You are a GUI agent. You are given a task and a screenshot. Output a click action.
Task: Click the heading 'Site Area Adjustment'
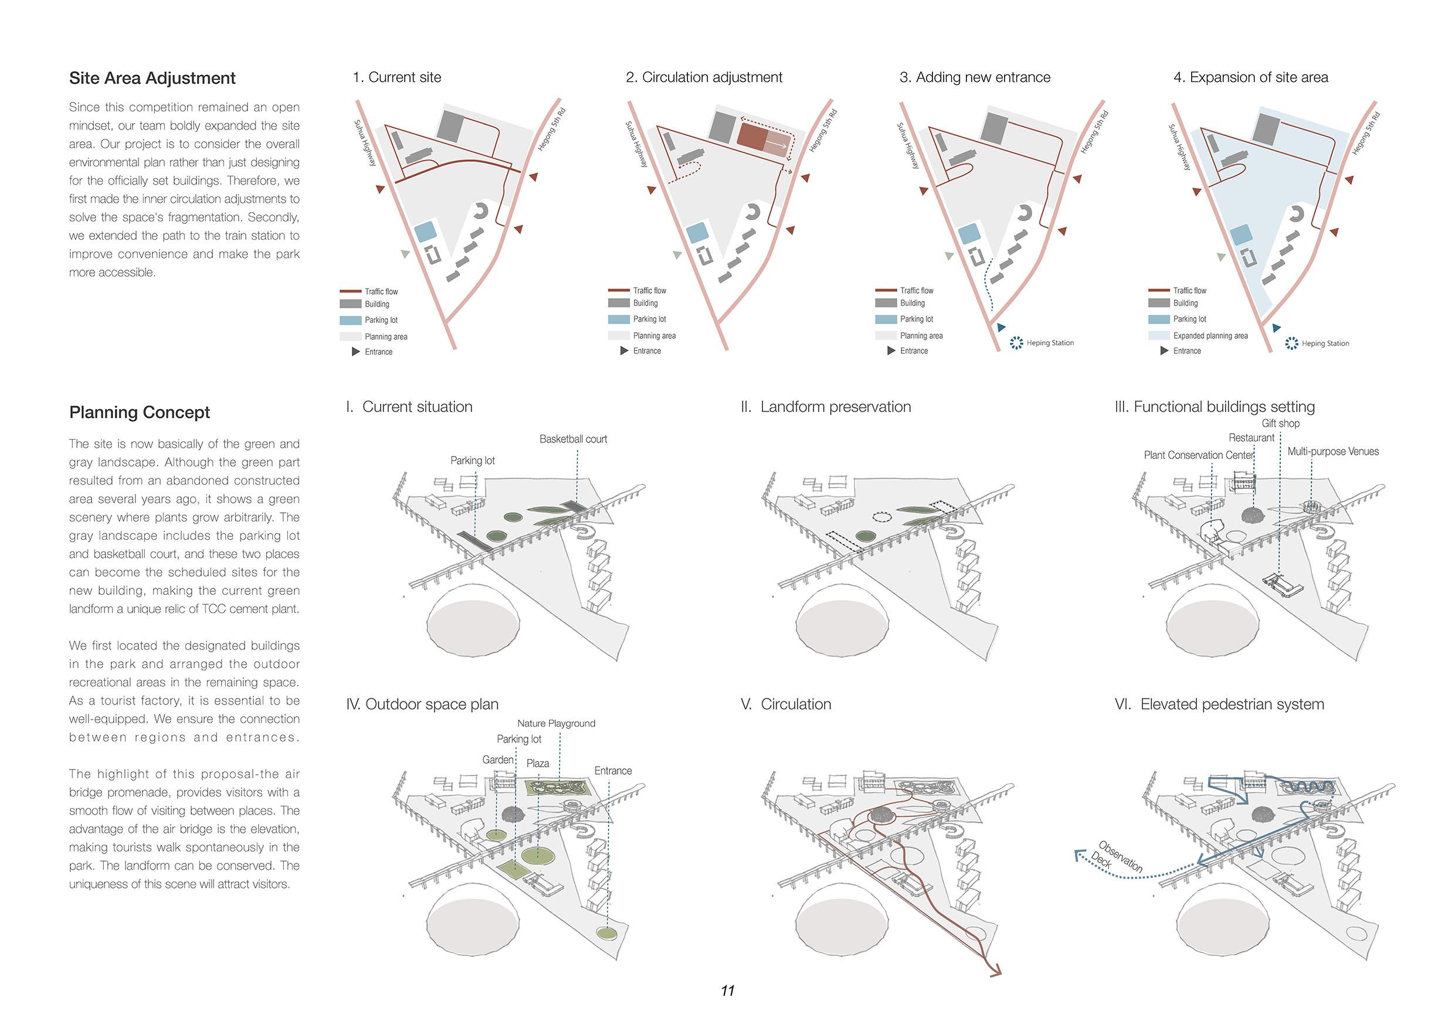[152, 78]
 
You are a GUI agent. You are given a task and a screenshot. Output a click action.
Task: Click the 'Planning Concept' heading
[140, 413]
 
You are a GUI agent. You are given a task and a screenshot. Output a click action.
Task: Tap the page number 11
[727, 990]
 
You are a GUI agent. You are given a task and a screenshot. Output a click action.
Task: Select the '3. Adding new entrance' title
[975, 77]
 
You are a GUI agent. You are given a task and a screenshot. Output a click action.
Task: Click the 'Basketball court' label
[573, 439]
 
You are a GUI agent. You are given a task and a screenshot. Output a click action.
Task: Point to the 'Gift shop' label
[1280, 423]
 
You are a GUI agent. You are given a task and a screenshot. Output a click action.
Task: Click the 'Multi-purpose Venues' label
[1332, 452]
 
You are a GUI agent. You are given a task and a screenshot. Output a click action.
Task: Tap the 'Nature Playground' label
[556, 723]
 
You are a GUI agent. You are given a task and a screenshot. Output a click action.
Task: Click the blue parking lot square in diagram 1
[425, 231]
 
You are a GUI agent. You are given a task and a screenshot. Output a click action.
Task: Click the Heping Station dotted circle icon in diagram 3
[1016, 343]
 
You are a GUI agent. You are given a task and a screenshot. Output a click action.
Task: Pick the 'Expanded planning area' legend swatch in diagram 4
[1158, 336]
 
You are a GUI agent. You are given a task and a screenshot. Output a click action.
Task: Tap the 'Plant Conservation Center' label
[1198, 455]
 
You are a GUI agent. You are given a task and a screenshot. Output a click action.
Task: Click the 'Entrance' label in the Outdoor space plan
[613, 771]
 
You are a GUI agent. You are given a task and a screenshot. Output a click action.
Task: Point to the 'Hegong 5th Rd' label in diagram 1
[551, 130]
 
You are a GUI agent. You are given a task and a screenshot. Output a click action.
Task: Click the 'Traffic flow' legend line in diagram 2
[619, 290]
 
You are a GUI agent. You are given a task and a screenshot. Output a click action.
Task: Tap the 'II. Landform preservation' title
[825, 407]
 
